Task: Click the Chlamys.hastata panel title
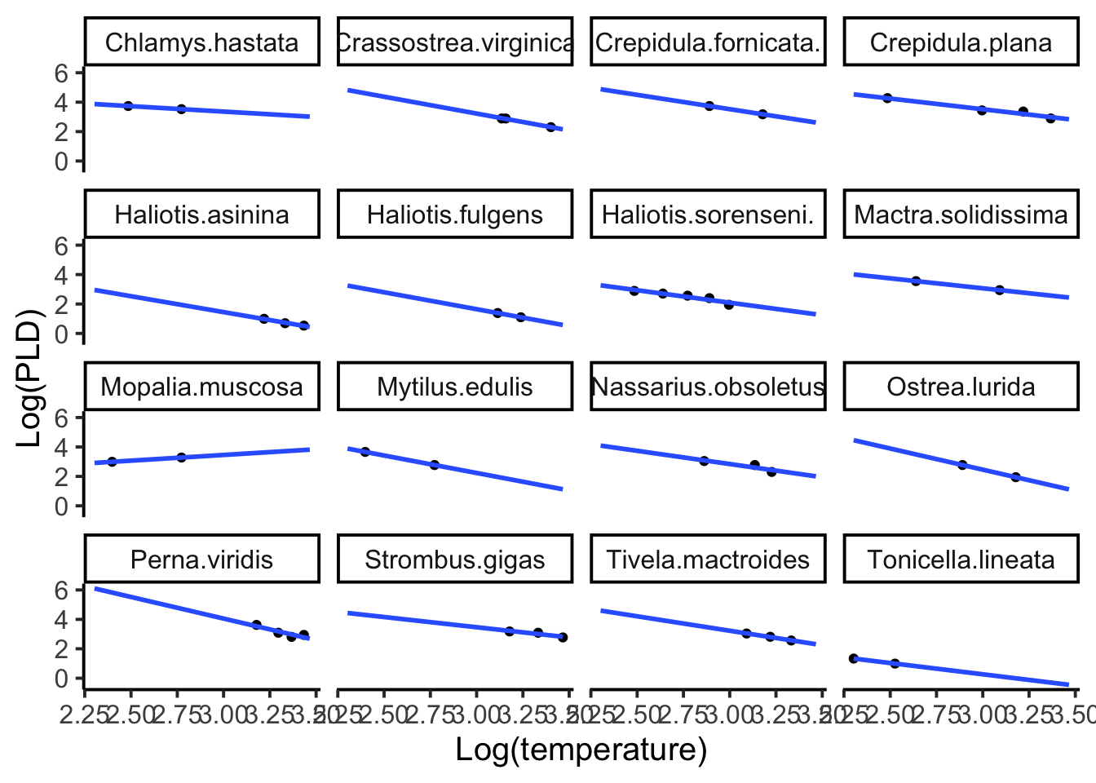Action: tap(201, 42)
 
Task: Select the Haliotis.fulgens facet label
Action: tap(454, 215)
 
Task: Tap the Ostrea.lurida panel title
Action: tap(961, 387)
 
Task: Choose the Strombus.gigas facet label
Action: tap(454, 560)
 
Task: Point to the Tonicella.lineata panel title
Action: tap(961, 560)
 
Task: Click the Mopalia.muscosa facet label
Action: tap(201, 387)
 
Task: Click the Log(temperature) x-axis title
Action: tap(581, 749)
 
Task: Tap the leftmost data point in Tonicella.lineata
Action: tap(854, 658)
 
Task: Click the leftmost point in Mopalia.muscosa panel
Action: tap(113, 462)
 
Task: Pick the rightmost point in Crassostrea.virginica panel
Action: tap(551, 127)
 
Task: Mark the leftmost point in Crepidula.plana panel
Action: tap(887, 98)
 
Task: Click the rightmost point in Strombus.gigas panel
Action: tap(563, 637)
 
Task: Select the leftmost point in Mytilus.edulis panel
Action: tap(365, 452)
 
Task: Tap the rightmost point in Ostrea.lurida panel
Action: tap(1015, 477)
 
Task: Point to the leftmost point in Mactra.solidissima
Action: tap(916, 281)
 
